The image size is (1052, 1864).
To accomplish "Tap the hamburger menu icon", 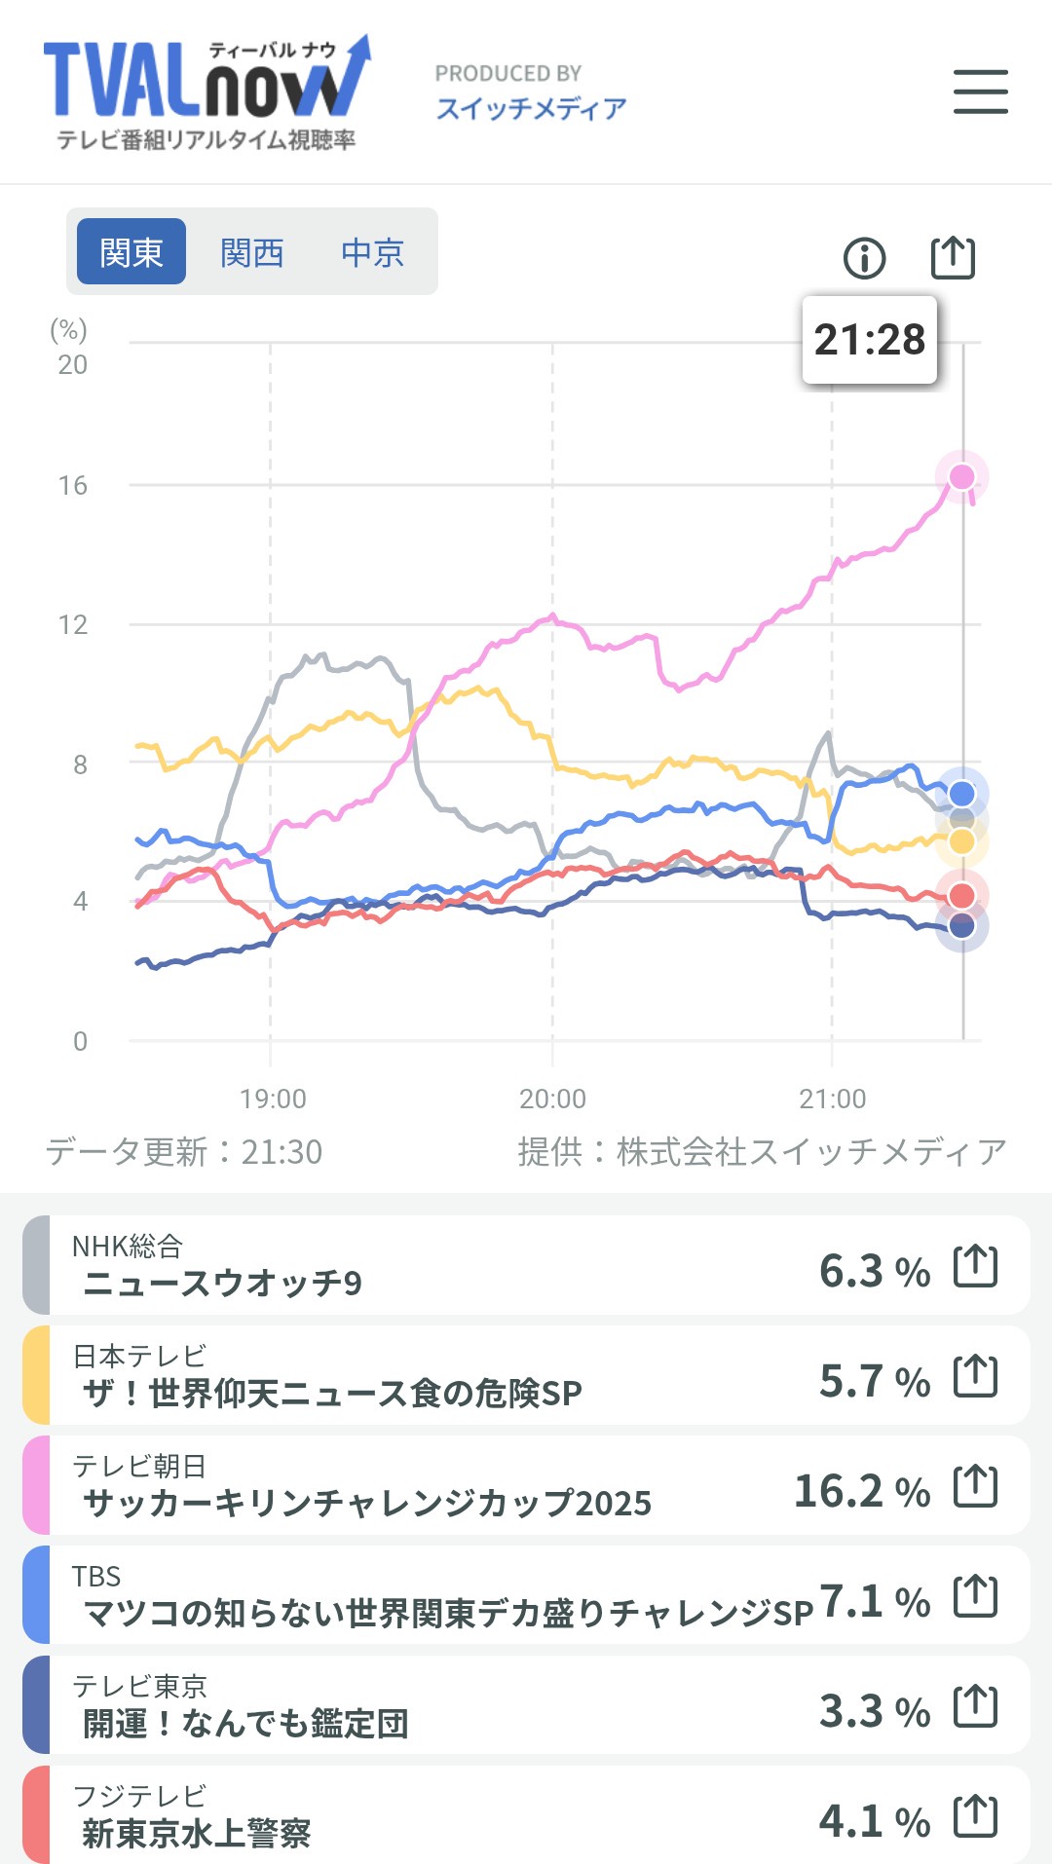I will coord(980,92).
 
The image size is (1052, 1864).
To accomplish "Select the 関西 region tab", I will coord(251,252).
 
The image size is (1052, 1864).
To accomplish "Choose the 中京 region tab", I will coord(372,252).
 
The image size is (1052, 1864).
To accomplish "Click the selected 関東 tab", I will coord(131,252).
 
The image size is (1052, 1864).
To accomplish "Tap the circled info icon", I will coord(864,258).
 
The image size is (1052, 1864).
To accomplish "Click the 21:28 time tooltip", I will coord(869,340).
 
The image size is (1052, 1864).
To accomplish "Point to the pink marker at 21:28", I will coord(961,476).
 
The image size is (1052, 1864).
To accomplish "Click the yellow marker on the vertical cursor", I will coord(961,841).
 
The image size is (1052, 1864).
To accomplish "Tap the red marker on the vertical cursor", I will coord(961,895).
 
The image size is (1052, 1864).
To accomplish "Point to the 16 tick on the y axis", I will coord(73,485).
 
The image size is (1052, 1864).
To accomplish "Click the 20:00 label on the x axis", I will coord(552,1099).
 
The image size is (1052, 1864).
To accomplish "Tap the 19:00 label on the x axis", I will coord(273,1099).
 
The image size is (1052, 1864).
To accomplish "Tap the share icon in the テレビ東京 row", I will coord(975,1706).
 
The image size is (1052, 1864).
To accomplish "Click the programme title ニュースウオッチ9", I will coord(222,1283).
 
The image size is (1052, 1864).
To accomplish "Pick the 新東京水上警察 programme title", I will coord(196,1834).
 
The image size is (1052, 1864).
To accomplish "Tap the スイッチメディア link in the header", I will coord(531,108).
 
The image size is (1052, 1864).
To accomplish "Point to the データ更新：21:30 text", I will coord(184,1151).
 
